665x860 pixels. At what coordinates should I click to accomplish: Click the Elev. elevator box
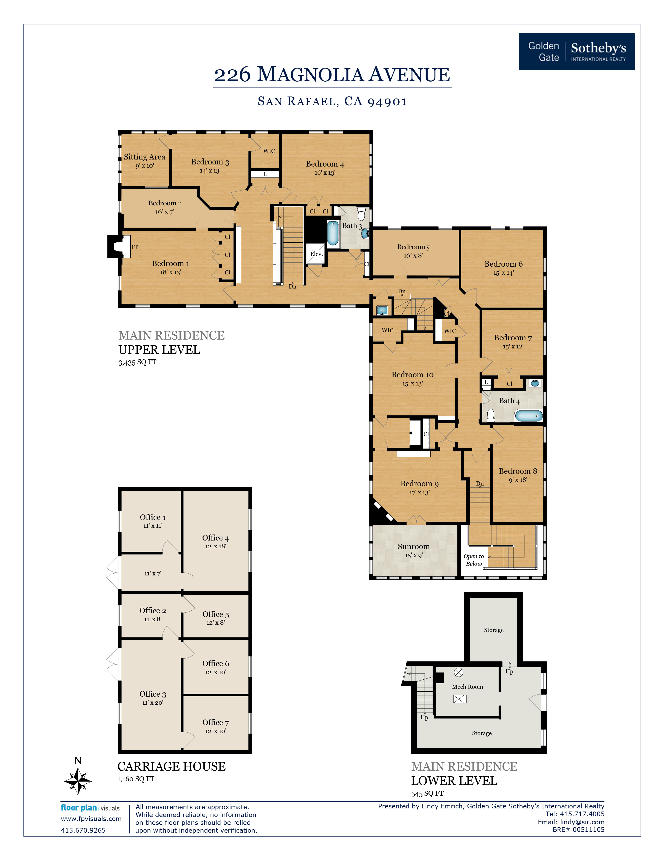[x=316, y=254]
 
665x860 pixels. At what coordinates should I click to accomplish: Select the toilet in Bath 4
[x=491, y=415]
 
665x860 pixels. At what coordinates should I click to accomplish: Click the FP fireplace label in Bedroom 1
[x=135, y=247]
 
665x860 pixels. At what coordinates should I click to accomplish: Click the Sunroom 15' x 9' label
[x=413, y=550]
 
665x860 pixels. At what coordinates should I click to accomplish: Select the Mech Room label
[x=467, y=686]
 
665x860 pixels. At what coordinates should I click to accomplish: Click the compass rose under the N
[x=78, y=781]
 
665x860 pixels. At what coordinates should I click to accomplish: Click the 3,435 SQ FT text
[x=137, y=362]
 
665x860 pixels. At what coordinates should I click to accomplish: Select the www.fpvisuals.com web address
[x=91, y=818]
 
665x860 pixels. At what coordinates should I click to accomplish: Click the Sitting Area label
[x=144, y=157]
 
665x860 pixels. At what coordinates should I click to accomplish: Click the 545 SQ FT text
[x=427, y=794]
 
